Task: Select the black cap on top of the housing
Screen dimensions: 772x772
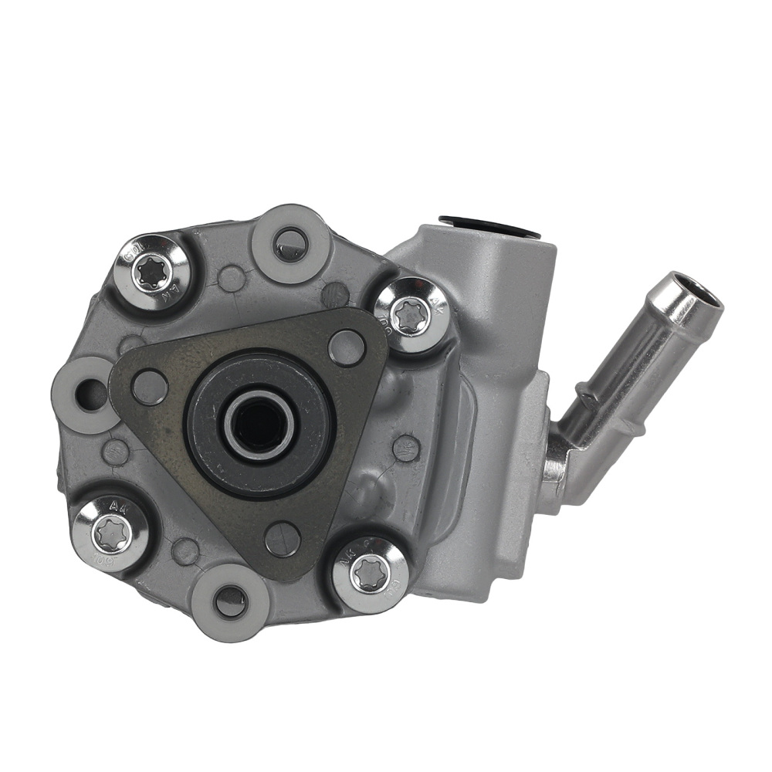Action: point(491,225)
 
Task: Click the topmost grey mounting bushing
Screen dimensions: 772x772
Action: point(292,243)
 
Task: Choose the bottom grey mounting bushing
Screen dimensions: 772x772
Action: point(230,601)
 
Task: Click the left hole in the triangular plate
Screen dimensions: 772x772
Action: point(150,387)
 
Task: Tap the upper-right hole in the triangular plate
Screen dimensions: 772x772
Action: point(346,347)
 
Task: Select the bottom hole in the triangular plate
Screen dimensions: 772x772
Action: point(283,539)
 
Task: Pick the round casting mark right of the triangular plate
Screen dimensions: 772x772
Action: point(406,448)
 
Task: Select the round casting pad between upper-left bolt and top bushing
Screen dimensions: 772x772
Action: point(232,278)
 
